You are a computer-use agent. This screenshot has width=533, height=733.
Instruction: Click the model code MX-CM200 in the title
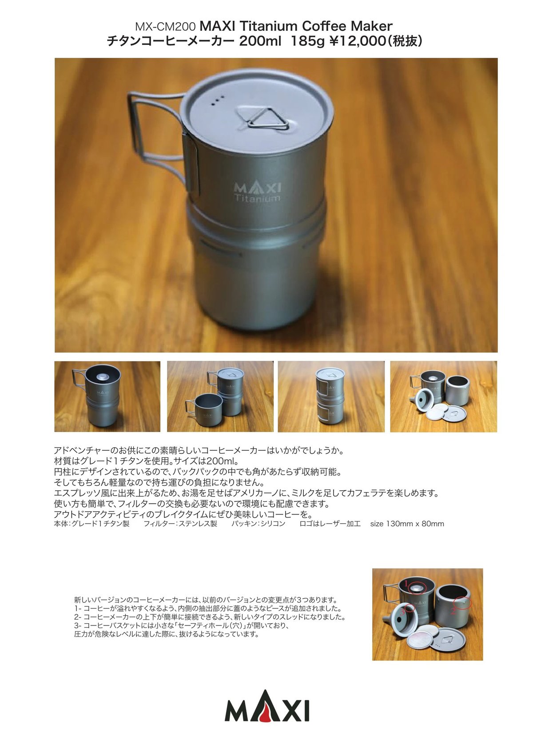169,27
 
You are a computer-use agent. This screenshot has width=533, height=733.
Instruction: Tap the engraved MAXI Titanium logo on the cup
257,192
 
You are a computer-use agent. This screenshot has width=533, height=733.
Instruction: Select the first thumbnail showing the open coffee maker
107,396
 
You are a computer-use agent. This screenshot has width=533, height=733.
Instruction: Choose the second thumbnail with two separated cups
220,396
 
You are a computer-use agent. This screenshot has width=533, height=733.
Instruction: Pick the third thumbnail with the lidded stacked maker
331,396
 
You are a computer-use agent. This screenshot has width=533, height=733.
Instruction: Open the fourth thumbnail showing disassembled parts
443,396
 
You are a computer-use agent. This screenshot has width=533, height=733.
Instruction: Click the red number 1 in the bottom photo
406,583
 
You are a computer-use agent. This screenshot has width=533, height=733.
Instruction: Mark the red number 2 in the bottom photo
453,611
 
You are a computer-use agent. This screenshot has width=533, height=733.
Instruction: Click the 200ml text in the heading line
260,41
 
